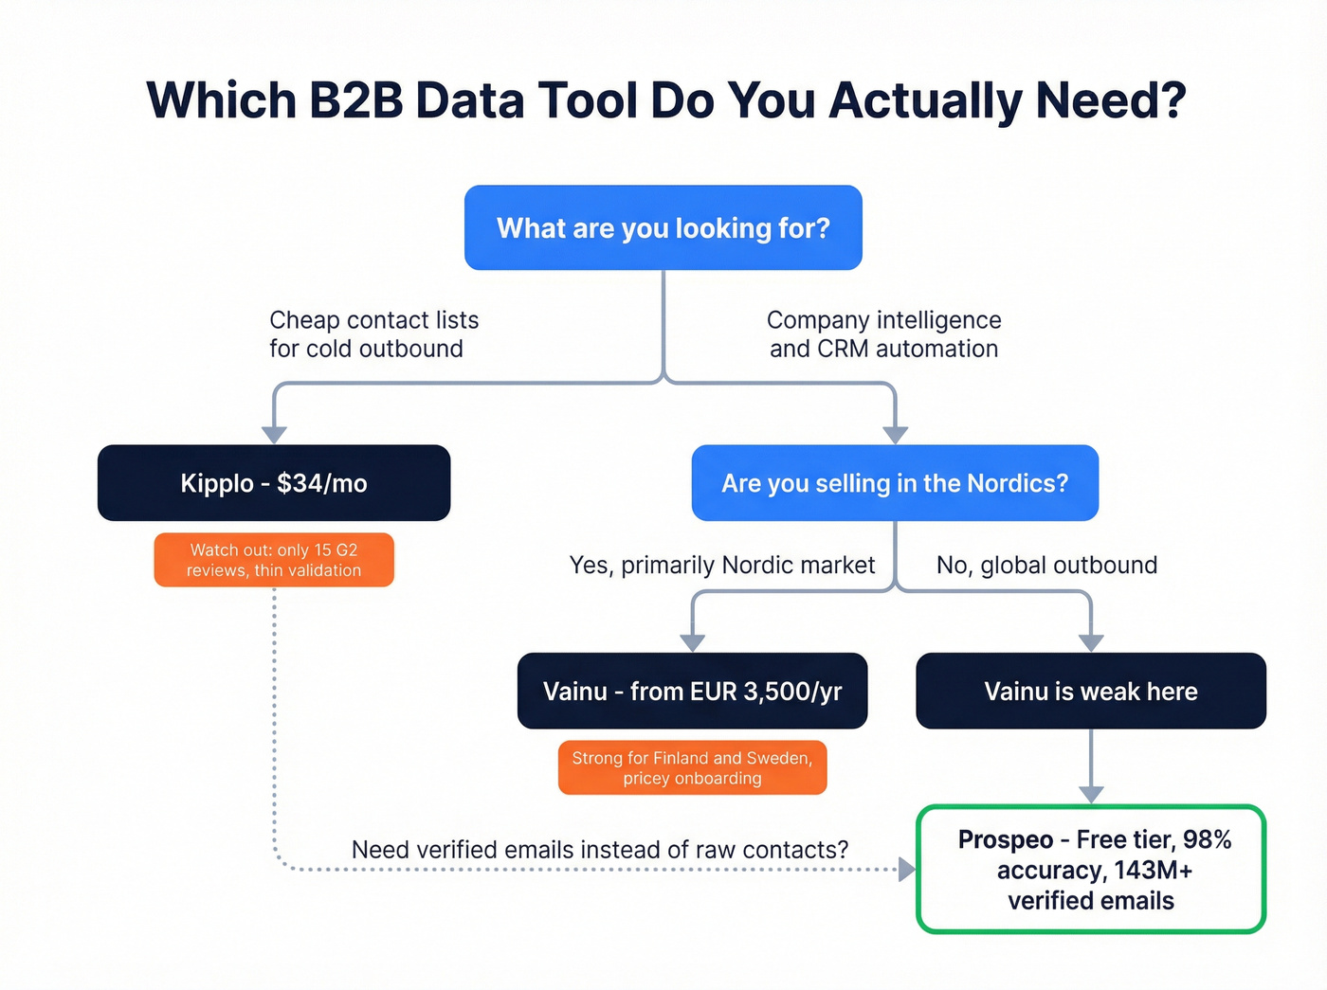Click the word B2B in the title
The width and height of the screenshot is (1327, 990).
356,100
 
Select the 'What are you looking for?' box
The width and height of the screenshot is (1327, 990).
663,228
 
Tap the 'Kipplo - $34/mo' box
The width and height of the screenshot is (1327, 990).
274,483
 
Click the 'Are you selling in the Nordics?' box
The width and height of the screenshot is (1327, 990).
895,483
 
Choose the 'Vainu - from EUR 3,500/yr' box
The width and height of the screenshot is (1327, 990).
692,692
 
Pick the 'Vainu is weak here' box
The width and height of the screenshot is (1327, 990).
1090,692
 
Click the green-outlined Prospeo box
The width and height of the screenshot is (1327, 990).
1091,870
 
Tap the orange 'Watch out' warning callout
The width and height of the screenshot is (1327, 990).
274,560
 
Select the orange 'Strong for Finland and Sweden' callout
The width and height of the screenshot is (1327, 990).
692,767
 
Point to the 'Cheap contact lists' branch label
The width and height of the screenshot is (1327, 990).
373,334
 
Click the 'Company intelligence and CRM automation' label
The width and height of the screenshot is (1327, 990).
883,334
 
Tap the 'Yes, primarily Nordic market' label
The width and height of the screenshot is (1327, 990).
721,566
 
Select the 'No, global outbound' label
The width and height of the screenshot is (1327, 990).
1046,566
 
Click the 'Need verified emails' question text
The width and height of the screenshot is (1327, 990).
599,850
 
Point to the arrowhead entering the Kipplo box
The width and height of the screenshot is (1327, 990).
274,434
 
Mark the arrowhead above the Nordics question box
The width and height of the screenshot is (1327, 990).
895,434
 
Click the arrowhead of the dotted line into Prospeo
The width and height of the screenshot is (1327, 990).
907,869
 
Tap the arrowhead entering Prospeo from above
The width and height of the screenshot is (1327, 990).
1091,794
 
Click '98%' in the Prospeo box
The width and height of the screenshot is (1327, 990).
1207,839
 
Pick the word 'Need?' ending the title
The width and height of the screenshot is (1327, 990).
1111,100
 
